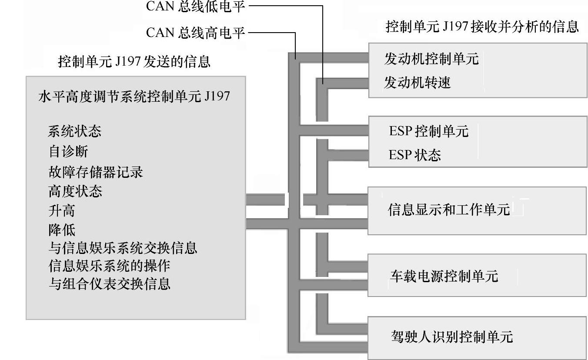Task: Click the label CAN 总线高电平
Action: (195, 33)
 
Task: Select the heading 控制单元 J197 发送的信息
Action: (134, 62)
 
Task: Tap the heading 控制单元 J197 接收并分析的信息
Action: (482, 27)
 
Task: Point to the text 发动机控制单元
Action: (431, 59)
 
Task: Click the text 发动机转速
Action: (417, 82)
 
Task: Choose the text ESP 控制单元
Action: (428, 131)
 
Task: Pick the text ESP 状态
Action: (414, 155)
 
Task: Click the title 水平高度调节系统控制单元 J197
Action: (134, 96)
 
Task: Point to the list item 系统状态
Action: (74, 131)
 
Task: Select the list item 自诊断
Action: (68, 151)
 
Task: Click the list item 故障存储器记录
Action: (95, 172)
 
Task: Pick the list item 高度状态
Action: (75, 191)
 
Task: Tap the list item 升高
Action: (61, 211)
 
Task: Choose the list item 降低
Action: (61, 230)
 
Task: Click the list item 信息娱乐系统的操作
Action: (109, 265)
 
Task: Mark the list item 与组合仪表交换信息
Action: (109, 284)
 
